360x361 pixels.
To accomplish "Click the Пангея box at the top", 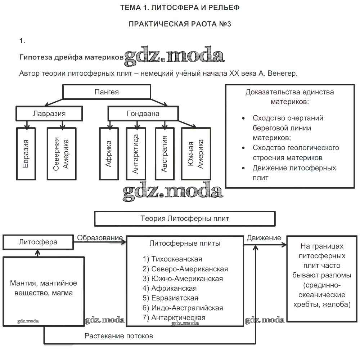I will point(107,92).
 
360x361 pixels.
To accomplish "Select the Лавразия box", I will point(49,113).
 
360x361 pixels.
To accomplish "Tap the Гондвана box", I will point(143,113).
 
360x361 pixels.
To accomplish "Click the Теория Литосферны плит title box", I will point(184,218).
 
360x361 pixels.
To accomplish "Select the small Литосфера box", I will point(38,242).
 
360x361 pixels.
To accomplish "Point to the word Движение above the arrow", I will point(264,238).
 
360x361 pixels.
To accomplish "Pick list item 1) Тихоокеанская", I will point(172,259).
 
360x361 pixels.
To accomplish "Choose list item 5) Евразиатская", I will point(170,298).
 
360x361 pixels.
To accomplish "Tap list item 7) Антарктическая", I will point(174,317).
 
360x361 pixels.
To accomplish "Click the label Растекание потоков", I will point(119,336).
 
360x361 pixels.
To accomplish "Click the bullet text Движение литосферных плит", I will point(294,173).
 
